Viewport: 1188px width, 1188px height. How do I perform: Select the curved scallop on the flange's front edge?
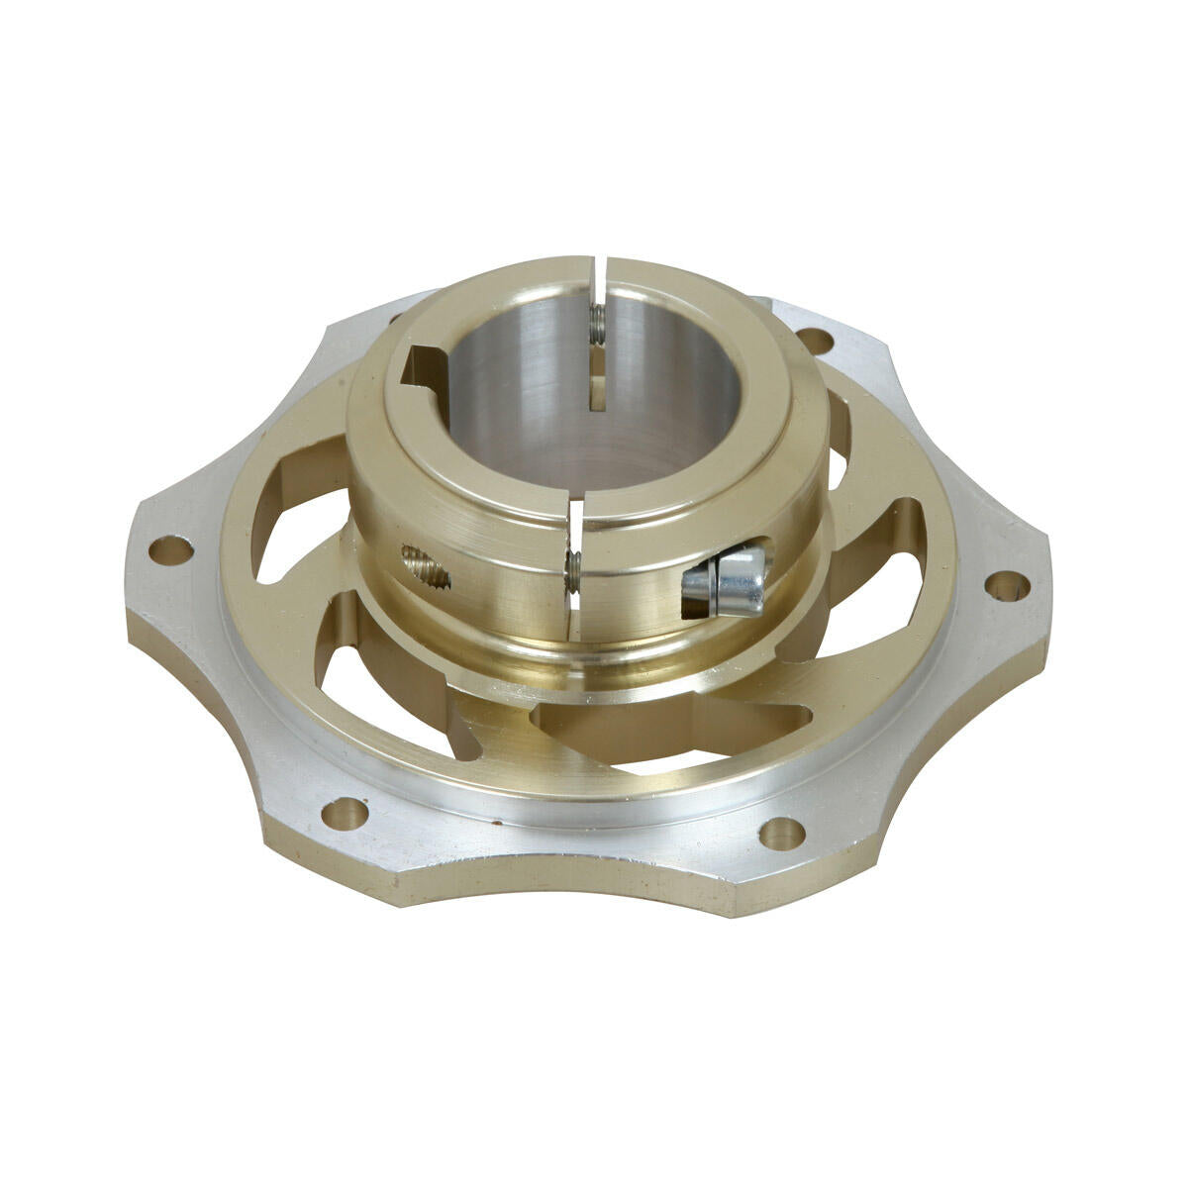click(x=554, y=871)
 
